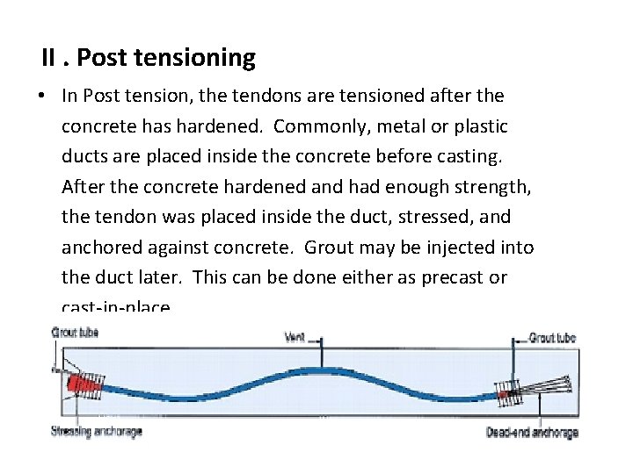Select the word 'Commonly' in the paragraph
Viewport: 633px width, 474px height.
coord(317,126)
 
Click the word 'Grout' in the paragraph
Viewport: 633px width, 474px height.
coord(330,248)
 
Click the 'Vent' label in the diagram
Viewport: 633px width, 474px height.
coord(295,336)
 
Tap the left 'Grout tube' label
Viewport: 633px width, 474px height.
coord(75,333)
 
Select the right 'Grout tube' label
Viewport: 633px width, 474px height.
coord(553,337)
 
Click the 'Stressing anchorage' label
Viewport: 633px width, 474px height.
coord(96,431)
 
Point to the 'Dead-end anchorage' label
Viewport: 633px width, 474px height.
coord(532,432)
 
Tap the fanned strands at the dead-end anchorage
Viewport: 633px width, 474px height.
coord(549,384)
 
